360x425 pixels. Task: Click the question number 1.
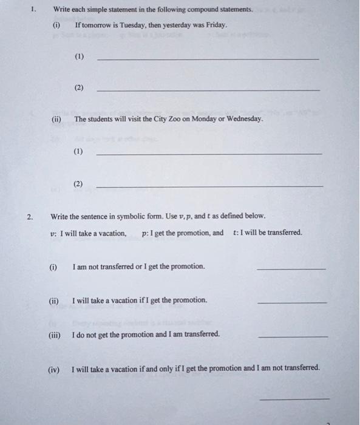[34, 10]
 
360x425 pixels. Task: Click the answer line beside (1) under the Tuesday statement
[208, 59]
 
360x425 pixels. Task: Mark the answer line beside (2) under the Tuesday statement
[208, 90]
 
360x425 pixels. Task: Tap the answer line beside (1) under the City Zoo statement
[209, 154]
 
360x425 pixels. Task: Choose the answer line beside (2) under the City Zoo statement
[209, 186]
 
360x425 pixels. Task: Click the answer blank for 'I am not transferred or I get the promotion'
[291, 269]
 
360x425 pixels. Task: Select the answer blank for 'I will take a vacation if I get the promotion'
[292, 302]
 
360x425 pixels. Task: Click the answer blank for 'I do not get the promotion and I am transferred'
[293, 336]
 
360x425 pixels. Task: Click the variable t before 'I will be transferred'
[234, 233]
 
